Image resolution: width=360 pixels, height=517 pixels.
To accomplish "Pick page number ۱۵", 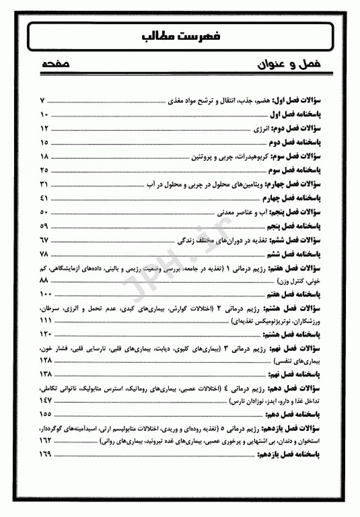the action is tap(44, 143).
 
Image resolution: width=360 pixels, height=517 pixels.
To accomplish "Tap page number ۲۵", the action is tap(44, 170).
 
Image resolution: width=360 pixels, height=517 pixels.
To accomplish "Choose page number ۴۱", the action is tap(44, 199).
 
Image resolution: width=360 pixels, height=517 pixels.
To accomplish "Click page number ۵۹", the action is tap(44, 226).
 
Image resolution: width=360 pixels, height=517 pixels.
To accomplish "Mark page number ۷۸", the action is tap(44, 254).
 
